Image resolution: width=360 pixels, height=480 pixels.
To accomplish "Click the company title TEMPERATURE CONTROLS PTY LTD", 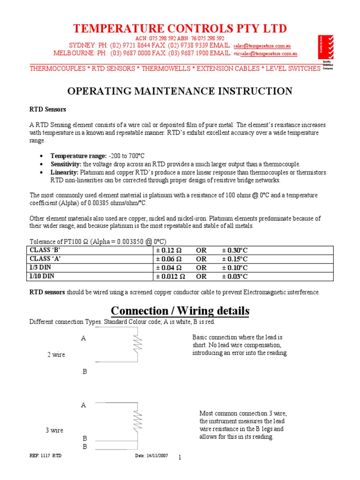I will click(180, 29).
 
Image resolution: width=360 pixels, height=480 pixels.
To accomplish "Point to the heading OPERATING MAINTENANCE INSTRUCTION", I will click(180, 91).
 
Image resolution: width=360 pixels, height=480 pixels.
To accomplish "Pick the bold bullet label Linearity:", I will click(64, 172).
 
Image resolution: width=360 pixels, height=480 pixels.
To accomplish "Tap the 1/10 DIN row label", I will click(42, 277).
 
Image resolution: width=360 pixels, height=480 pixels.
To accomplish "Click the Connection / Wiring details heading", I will click(180, 311).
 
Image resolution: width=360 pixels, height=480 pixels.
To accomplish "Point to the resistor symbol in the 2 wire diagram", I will click(137, 345).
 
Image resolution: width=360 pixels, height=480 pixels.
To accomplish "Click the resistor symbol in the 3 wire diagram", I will click(137, 420).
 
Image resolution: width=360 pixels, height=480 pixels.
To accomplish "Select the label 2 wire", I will click(56, 355).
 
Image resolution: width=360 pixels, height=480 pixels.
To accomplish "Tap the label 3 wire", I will click(54, 430).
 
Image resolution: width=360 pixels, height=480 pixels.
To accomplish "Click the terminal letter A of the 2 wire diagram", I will click(83, 338).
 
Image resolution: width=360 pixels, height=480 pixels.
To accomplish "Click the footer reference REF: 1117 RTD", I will click(45, 456).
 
